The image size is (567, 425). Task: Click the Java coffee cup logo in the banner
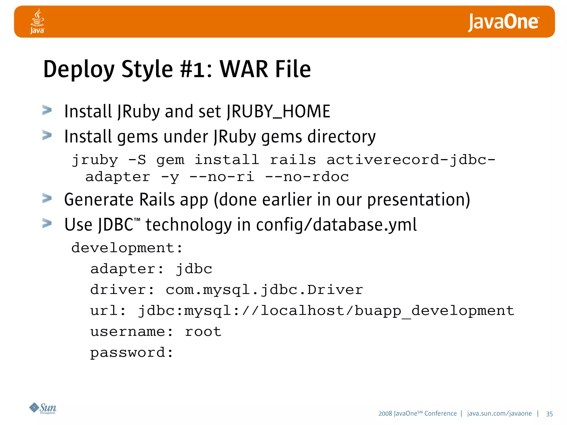click(x=37, y=21)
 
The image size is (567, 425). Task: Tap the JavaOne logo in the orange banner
click(x=503, y=22)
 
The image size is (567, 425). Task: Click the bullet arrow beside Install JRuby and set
click(x=47, y=110)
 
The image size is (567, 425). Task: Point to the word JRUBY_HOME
click(x=278, y=112)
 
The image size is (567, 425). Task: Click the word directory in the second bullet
click(x=341, y=137)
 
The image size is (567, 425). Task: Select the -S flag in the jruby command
click(x=137, y=160)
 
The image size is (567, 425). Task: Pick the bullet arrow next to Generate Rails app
click(x=47, y=198)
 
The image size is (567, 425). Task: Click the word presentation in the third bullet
click(x=418, y=199)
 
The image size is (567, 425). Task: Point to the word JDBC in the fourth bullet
click(x=116, y=224)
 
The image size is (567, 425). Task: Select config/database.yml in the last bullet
click(x=336, y=224)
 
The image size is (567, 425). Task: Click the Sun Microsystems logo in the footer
click(x=43, y=408)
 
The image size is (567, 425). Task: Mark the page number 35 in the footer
click(x=549, y=414)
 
